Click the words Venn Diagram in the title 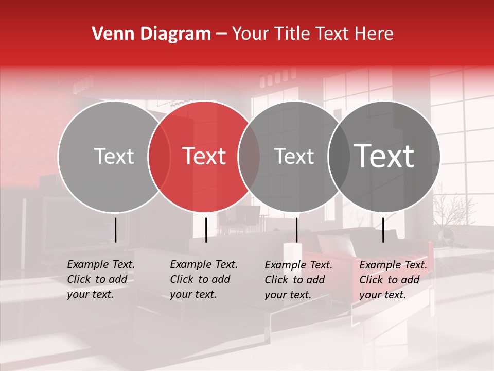[151, 34]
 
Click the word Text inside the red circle [204, 156]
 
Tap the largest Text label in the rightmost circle [384, 156]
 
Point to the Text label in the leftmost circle [114, 156]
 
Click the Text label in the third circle [294, 156]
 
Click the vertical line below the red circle [206, 230]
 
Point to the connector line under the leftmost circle [115, 230]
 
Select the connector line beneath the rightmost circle [383, 230]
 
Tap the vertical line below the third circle [296, 230]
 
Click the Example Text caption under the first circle [100, 279]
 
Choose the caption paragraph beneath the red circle [203, 279]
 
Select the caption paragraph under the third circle [298, 280]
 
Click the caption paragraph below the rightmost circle [393, 280]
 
